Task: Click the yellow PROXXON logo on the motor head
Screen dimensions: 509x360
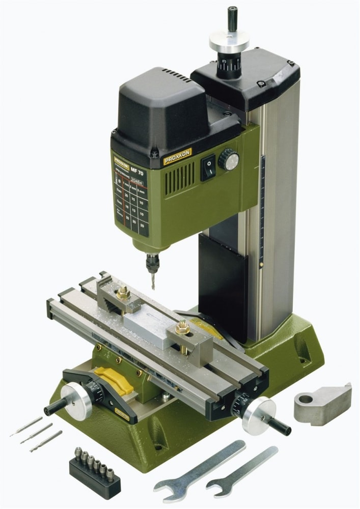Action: coord(177,156)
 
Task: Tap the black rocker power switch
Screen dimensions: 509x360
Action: coord(208,167)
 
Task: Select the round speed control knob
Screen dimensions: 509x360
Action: coord(229,160)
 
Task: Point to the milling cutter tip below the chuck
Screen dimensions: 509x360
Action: coord(152,283)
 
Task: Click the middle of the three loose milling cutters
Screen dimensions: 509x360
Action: coord(36,433)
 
